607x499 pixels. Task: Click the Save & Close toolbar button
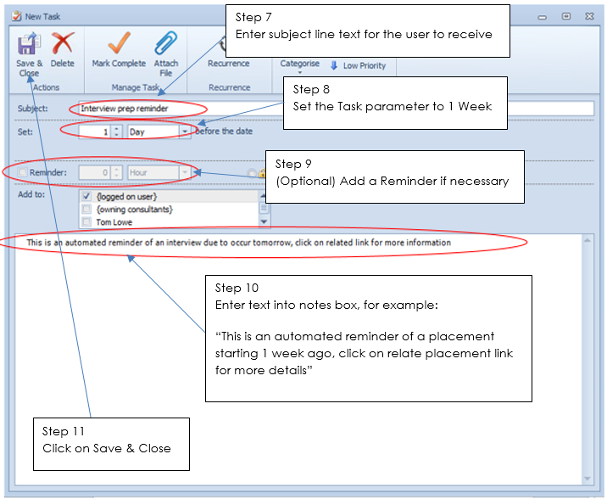(28, 53)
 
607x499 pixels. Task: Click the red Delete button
(62, 51)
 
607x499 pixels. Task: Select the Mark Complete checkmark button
(119, 51)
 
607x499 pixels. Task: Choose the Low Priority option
(358, 65)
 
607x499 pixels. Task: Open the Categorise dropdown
(300, 65)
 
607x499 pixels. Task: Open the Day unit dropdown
(185, 132)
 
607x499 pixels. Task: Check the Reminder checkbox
(22, 173)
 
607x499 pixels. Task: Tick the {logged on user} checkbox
(86, 197)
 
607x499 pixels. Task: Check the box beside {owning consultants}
(86, 210)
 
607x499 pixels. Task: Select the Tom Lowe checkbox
(86, 222)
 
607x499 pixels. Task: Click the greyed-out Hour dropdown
(159, 173)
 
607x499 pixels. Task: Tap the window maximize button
(565, 15)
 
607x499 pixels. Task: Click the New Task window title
(44, 16)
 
